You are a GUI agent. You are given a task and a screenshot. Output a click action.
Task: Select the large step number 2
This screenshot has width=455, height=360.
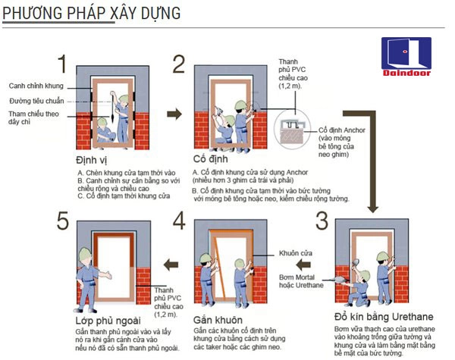click(x=179, y=64)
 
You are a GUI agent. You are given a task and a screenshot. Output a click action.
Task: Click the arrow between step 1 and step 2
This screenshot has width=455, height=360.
click(x=174, y=114)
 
